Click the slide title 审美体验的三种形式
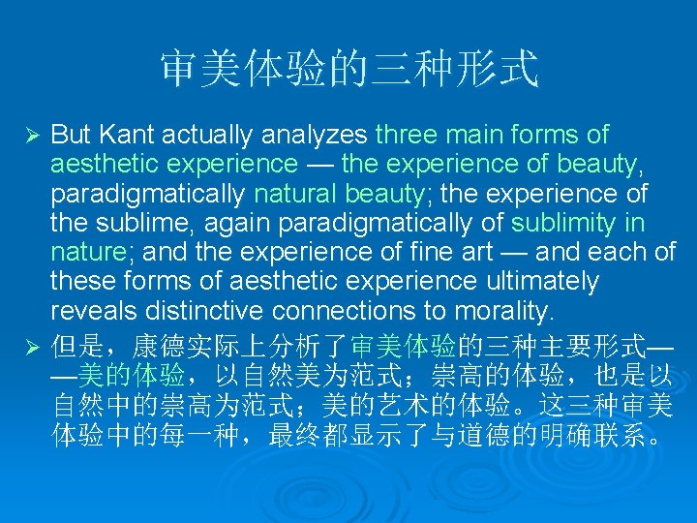coord(348,69)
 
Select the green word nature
coord(84,253)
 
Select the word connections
coord(357,311)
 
